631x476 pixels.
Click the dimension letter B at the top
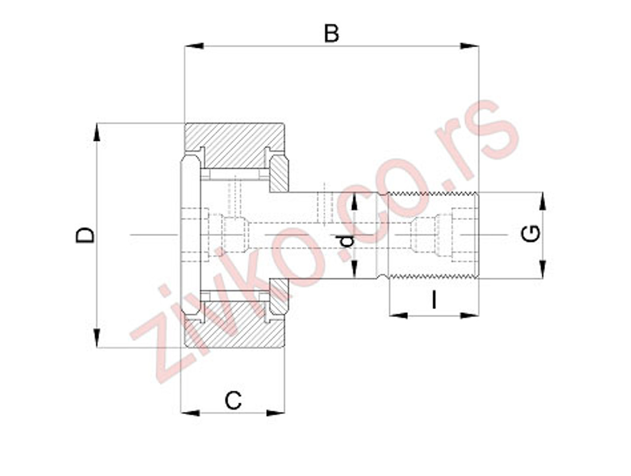point(332,34)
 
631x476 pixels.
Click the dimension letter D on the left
point(85,235)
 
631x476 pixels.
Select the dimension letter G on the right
point(531,234)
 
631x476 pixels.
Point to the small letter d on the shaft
point(348,241)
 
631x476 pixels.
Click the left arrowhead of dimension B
point(194,46)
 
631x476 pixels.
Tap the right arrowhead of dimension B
point(469,46)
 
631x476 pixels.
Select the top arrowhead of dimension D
point(97,133)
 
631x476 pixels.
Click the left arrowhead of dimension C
point(190,413)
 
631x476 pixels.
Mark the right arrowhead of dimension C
point(276,413)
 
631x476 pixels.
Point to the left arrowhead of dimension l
point(398,315)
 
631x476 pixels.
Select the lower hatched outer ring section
point(234,325)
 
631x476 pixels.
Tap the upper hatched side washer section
point(279,173)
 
